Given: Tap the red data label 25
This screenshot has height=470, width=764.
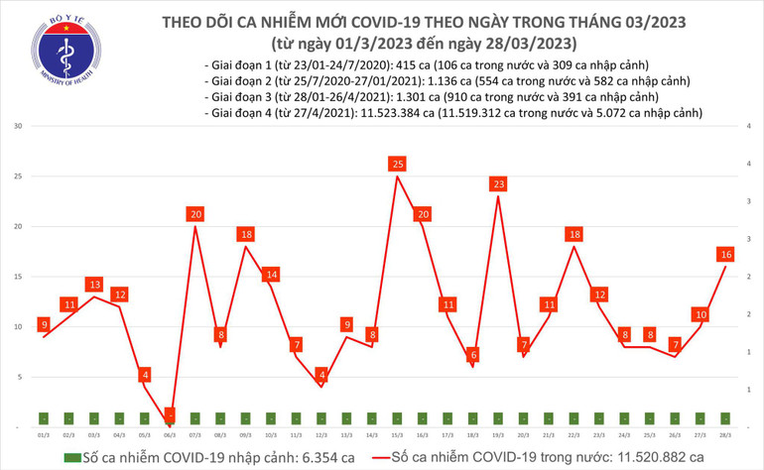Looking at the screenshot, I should pyautogui.click(x=398, y=163).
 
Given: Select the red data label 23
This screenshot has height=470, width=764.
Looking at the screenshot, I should pyautogui.click(x=499, y=183).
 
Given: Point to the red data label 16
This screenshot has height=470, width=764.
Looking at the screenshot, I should pyautogui.click(x=726, y=255).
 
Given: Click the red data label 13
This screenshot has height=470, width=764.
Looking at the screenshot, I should pyautogui.click(x=94, y=285).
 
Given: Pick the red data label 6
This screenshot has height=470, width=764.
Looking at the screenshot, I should pyautogui.click(x=474, y=354).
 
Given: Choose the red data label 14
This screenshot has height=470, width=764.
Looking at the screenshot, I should pyautogui.click(x=271, y=275).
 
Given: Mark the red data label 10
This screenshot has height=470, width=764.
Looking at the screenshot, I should pyautogui.click(x=700, y=314).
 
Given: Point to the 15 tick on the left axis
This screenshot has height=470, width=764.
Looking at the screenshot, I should pyautogui.click(x=18, y=278).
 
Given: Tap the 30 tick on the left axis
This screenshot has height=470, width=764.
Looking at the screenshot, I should pyautogui.click(x=18, y=127).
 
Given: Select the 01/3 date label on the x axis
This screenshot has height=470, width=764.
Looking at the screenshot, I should pyautogui.click(x=44, y=434).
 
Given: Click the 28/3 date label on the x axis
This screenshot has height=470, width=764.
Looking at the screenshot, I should pyautogui.click(x=726, y=434).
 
